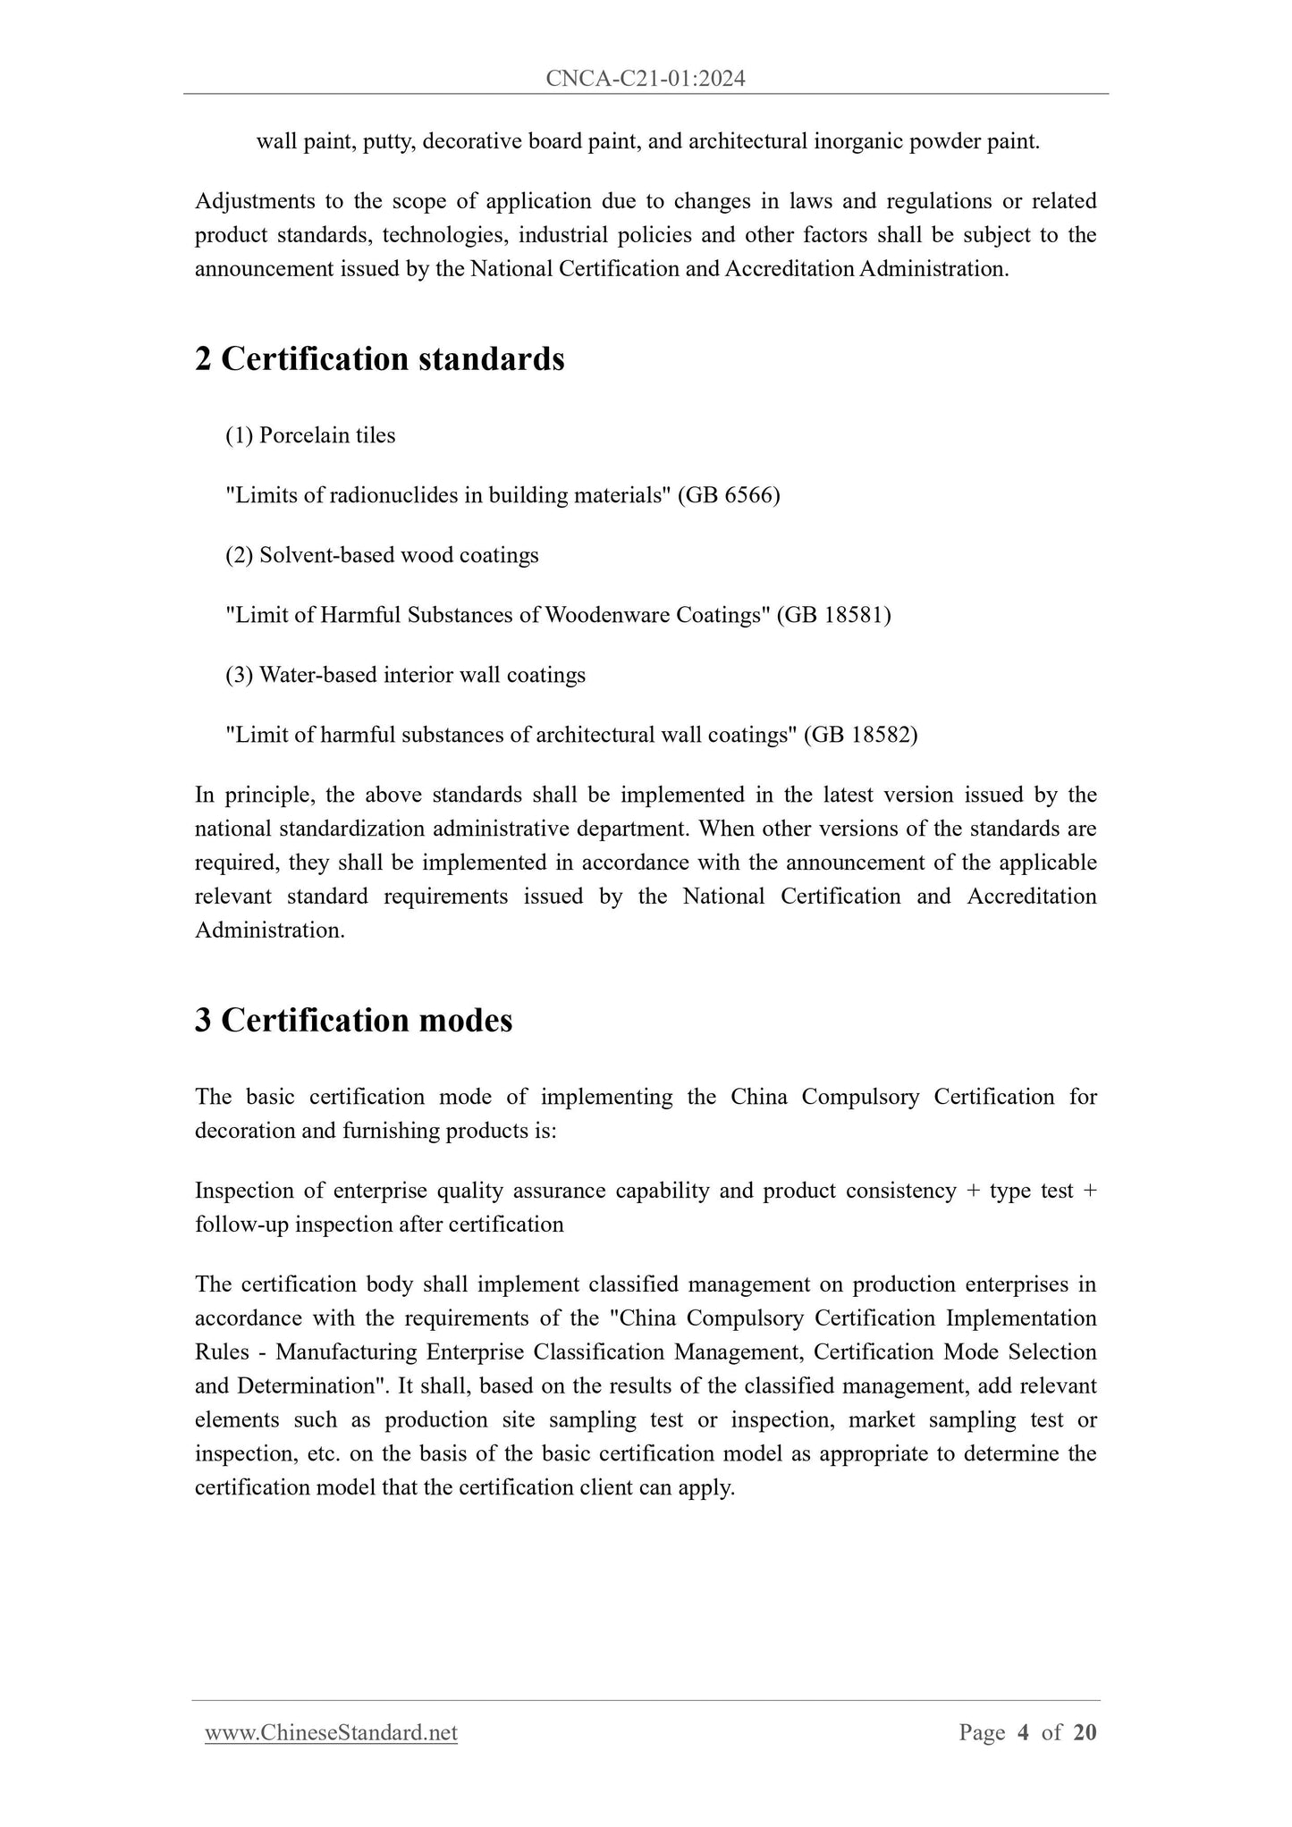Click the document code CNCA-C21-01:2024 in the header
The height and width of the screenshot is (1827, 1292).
[646, 80]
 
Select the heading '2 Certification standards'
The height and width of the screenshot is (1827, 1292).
[380, 359]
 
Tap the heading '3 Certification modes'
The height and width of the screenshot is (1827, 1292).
[354, 1020]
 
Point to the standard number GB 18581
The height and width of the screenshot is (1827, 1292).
[833, 615]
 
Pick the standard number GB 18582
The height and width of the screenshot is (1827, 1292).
[860, 735]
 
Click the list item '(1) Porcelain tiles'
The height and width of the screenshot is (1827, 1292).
[310, 435]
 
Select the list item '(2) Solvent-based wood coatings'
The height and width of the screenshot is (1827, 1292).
[382, 555]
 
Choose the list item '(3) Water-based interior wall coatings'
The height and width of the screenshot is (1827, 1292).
[405, 675]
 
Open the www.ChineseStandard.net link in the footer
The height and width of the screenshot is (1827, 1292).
[331, 1733]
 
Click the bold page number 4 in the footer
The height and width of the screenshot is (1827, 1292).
[1023, 1733]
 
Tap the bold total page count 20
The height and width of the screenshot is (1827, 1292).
[1085, 1733]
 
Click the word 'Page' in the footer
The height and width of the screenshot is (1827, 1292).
[982, 1733]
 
